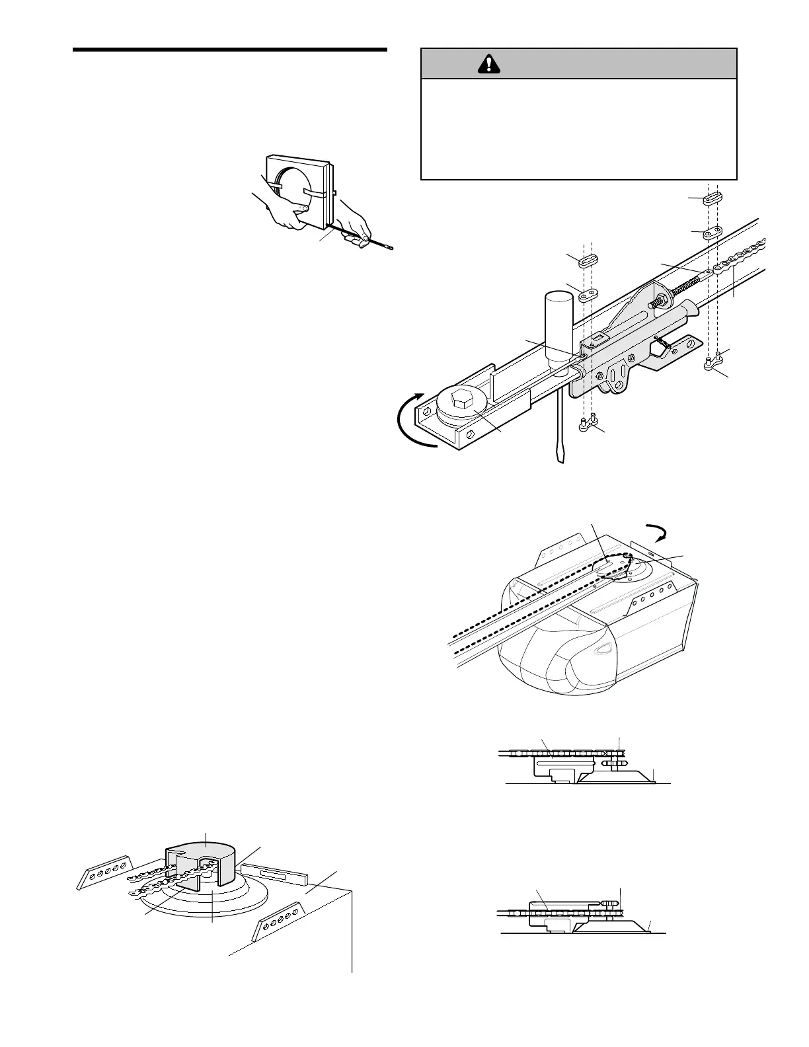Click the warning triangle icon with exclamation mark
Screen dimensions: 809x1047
click(488, 64)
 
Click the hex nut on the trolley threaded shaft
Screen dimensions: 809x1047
click(658, 303)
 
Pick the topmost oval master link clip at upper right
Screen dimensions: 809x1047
click(716, 200)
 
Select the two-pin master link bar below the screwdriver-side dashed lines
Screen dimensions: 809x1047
click(588, 426)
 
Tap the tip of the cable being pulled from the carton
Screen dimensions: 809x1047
click(390, 249)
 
